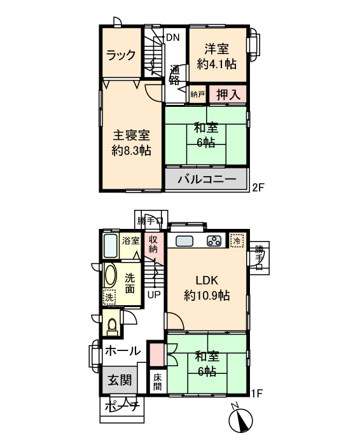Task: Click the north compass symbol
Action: pos(241,420)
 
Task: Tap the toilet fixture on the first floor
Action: pos(113,326)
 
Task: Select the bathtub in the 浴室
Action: pos(111,245)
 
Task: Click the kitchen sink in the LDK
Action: pos(184,241)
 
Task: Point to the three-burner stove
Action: pos(214,241)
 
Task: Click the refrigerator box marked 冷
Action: pos(237,240)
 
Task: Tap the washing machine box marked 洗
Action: pos(109,298)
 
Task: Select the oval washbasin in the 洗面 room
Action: pos(111,275)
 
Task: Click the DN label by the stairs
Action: pos(172,38)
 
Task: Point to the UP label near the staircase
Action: pos(154,294)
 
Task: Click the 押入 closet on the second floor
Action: pos(228,94)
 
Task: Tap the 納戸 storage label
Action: pos(197,94)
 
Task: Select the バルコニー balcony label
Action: pos(207,179)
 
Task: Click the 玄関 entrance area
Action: pos(120,380)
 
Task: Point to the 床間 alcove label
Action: pos(158,382)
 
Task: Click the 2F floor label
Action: pos(258,188)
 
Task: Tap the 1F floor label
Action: pos(257,394)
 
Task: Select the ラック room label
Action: pos(121,55)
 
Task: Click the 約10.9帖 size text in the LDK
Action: pos(207,296)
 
